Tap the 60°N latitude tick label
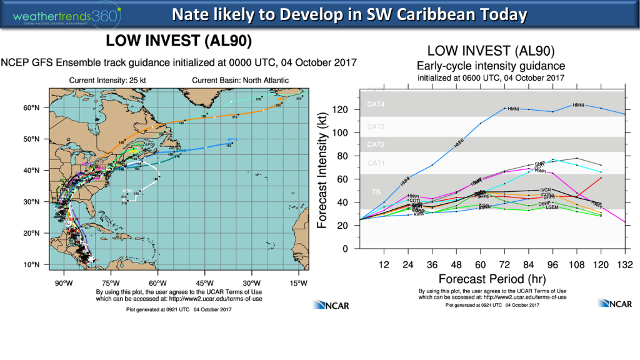31,108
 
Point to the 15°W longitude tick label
299,282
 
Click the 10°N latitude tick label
31,265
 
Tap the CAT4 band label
375,104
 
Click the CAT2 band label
375,145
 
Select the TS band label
376,191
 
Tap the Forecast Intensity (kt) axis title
324,170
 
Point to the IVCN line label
545,189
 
